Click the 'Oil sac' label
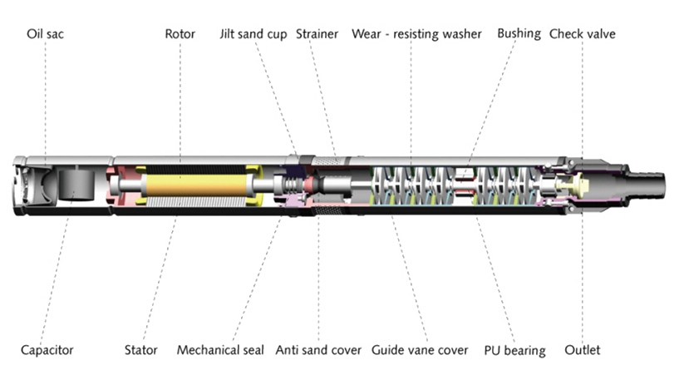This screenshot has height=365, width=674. coord(45,34)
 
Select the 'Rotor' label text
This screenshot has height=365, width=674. coord(180,34)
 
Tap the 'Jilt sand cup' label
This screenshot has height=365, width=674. coord(253,34)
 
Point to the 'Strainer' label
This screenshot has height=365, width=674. coord(317,34)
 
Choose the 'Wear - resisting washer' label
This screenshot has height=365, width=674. coord(416,34)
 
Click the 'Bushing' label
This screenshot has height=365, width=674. coord(519,34)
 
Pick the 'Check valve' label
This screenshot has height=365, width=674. coord(582,34)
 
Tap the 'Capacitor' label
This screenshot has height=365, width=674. coord(47,350)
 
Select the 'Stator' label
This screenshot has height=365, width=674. coord(141,350)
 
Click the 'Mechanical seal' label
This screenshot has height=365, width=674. coord(220,350)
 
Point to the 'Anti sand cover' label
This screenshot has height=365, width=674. coord(318,350)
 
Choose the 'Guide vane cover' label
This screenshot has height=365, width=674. coord(420,350)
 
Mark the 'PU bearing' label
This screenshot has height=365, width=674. coord(514,351)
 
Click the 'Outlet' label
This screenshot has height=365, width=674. coord(582,350)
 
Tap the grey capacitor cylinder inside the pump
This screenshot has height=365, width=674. coord(76,185)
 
